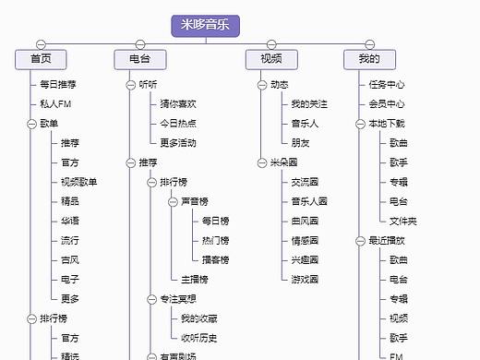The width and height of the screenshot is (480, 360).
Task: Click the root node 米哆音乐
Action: pos(205,26)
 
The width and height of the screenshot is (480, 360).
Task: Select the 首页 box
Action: pos(41,59)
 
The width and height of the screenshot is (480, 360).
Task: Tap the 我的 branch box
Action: pos(368,59)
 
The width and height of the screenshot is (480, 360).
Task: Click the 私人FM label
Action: pos(55,103)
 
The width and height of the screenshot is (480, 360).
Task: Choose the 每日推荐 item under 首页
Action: pos(58,84)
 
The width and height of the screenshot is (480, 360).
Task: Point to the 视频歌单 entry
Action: pos(78,182)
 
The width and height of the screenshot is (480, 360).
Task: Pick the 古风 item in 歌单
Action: pos(70,259)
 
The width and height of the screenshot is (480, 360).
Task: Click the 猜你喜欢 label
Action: pos(177,103)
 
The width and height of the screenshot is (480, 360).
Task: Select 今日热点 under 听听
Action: pos(177,123)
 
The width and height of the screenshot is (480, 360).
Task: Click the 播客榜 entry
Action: pos(215,259)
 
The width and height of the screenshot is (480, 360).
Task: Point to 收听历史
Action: pos(198,338)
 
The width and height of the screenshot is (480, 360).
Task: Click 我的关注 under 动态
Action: pos(309,103)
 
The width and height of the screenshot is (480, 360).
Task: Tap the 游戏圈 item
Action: pos(304,279)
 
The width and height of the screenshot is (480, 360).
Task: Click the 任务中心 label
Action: pos(386,84)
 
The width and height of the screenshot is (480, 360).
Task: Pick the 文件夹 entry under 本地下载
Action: pos(402,221)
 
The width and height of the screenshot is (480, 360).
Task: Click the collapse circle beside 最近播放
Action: pos(360,241)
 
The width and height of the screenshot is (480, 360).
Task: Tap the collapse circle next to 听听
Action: pos(130,84)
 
